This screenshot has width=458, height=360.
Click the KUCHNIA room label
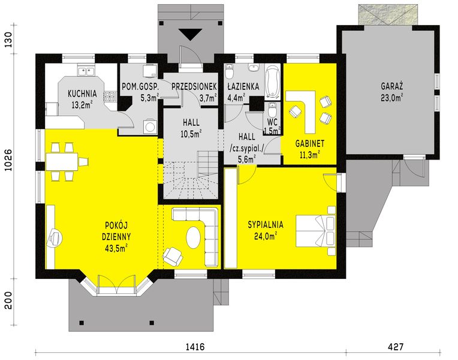(82, 94)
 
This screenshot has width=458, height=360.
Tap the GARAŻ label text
(392, 86)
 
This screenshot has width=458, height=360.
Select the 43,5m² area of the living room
(116, 248)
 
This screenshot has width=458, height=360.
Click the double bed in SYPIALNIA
(315, 232)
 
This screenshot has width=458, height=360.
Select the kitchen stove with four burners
(110, 97)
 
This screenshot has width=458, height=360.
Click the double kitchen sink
(86, 71)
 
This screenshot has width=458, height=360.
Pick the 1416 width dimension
(195, 347)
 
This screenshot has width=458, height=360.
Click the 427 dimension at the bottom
(396, 347)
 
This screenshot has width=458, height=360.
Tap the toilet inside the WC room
(272, 110)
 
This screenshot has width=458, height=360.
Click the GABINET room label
(309, 143)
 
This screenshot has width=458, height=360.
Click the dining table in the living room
(62, 162)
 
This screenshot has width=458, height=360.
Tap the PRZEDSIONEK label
(194, 86)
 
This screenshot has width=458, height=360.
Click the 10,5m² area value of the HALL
(191, 134)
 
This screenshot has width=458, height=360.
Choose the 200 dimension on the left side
(8, 301)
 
